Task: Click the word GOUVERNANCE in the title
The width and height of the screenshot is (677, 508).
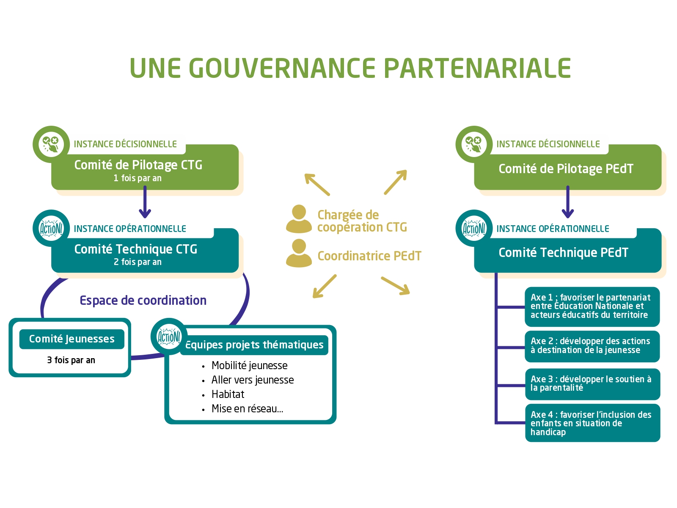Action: tap(282, 68)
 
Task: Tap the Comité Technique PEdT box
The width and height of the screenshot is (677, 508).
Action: tap(567, 251)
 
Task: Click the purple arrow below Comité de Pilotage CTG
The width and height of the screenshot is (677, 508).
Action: tap(145, 202)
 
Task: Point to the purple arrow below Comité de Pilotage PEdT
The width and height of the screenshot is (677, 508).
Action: tap(567, 202)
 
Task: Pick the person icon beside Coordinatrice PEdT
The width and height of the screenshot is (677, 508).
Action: tap(299, 253)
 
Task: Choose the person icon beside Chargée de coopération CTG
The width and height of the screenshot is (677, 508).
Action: tap(299, 219)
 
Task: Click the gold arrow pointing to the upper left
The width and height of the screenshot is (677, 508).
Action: tap(317, 185)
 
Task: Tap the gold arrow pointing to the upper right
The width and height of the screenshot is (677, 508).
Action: tap(395, 182)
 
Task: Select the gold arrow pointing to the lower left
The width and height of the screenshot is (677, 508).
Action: tap(325, 286)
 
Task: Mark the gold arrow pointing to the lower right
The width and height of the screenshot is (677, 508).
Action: tap(395, 286)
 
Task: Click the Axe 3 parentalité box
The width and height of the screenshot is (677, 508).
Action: tap(592, 384)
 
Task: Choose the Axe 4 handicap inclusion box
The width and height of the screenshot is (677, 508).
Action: tap(592, 423)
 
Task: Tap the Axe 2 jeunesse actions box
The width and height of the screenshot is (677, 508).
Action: tap(592, 346)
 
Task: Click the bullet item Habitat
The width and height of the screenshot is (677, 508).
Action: tap(228, 394)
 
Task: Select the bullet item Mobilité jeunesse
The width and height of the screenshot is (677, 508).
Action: tap(249, 365)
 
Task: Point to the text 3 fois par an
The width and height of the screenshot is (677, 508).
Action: tap(71, 360)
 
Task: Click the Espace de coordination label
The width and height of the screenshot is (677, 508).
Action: tap(143, 301)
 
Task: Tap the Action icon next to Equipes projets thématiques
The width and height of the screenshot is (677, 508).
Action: tap(169, 337)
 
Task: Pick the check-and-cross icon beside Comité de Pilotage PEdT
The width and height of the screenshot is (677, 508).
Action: tap(474, 144)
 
